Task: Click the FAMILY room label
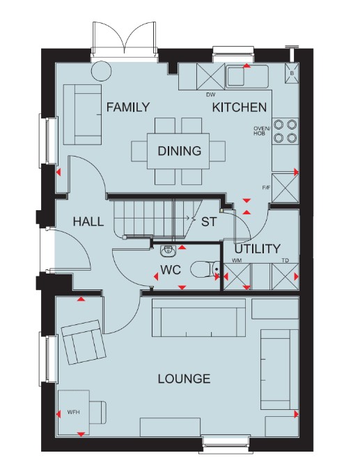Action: (128, 107)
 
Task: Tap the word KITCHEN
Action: (240, 107)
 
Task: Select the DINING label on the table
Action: (179, 151)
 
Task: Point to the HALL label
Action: (88, 221)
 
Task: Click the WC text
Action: (171, 270)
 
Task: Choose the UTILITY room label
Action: (258, 249)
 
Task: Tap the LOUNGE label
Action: (184, 379)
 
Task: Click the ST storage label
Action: (209, 221)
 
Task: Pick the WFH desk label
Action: (74, 412)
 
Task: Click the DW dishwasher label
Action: (210, 95)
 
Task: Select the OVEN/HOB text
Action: (259, 131)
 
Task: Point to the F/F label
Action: (266, 188)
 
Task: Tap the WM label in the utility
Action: (237, 260)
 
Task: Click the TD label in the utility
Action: (285, 260)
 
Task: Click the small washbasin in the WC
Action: (167, 250)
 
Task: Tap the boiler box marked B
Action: (292, 73)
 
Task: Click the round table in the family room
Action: (101, 71)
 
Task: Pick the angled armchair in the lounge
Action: (84, 342)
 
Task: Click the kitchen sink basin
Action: (235, 76)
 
